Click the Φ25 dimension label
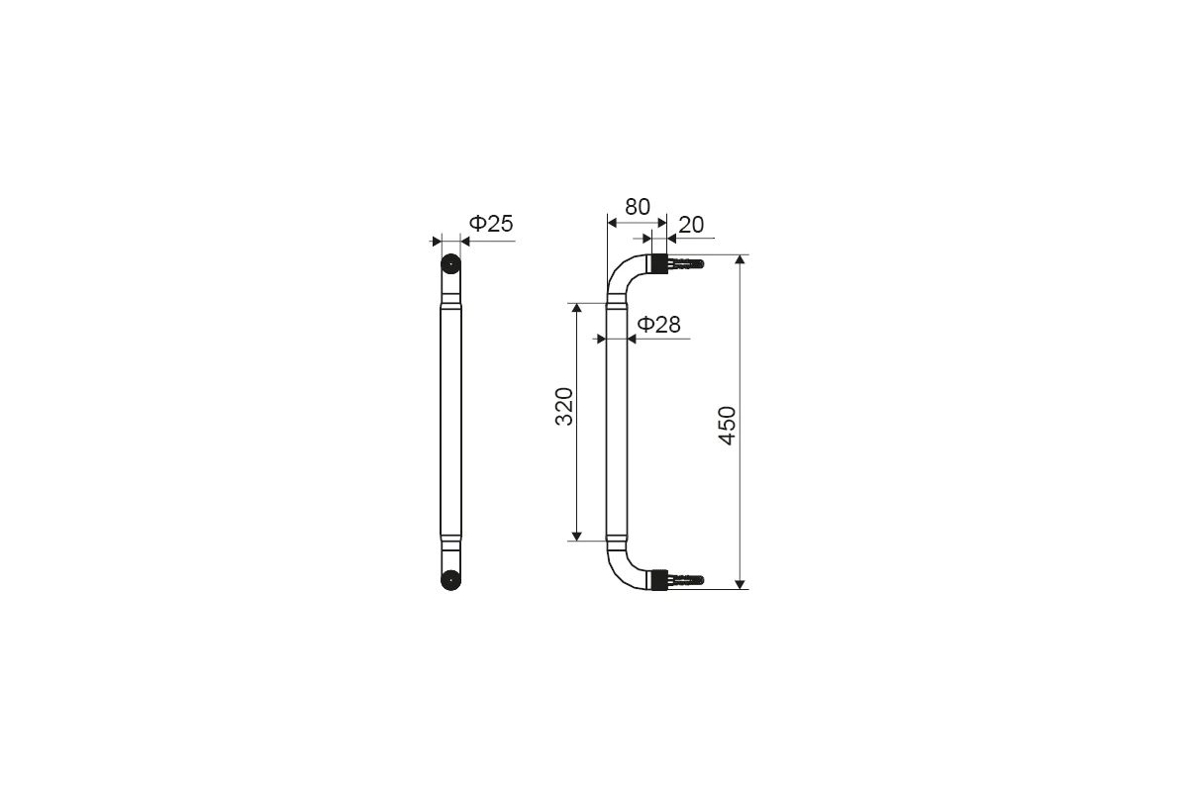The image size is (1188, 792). pos(491,224)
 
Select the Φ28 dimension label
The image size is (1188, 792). pos(658,324)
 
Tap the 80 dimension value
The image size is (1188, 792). pos(637,207)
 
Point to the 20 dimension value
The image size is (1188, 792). pos(691,225)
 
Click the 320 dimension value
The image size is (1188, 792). pos(564,407)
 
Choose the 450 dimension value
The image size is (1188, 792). pos(727,426)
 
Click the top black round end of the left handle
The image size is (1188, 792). pos(450,264)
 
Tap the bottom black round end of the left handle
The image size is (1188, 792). pos(450,580)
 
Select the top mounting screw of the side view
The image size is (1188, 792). pos(685,263)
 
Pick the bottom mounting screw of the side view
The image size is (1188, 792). pos(685,580)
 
